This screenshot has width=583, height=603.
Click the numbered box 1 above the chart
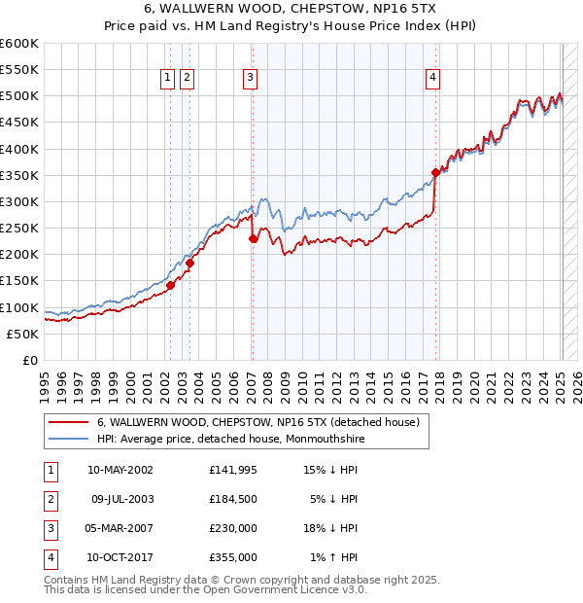click(168, 79)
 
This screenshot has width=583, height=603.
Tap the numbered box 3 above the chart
click(251, 79)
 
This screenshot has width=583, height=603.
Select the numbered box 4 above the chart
click(432, 79)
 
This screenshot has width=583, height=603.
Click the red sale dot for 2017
click(435, 173)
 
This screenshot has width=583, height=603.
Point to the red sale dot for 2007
click(253, 238)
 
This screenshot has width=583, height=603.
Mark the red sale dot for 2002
click(170, 285)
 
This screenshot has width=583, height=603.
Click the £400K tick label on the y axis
click(19, 149)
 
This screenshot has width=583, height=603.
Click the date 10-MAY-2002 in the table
click(120, 470)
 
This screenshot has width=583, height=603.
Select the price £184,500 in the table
click(232, 499)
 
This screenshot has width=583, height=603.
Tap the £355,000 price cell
click(232, 557)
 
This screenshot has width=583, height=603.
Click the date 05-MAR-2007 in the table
click(120, 528)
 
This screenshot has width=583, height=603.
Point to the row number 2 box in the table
click(50, 499)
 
